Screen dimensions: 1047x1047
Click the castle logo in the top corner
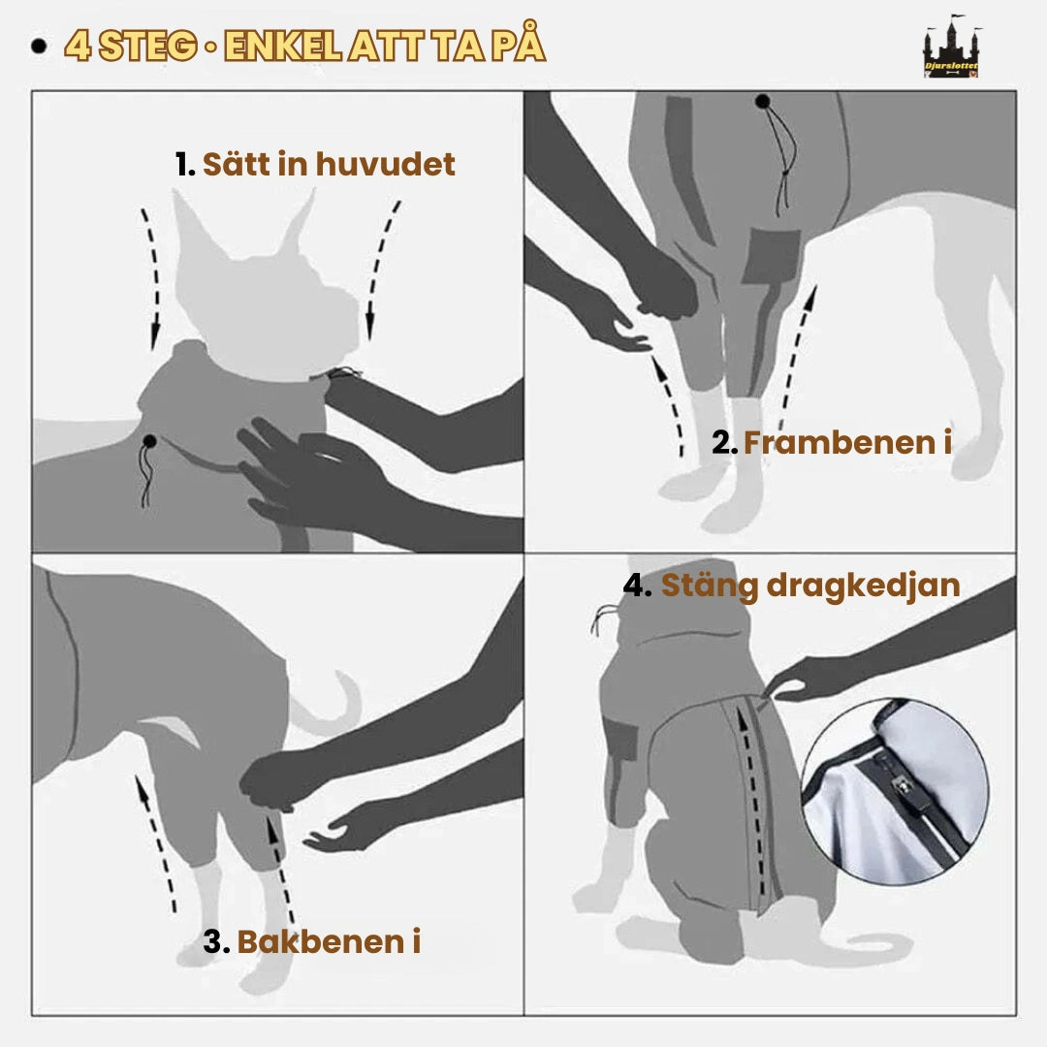950,48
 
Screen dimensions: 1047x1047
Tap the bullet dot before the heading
40,47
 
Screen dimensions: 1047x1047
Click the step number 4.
636,586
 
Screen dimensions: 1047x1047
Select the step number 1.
184,165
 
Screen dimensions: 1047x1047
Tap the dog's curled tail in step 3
334,703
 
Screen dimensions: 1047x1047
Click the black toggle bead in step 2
763,101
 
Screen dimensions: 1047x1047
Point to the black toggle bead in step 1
149,442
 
